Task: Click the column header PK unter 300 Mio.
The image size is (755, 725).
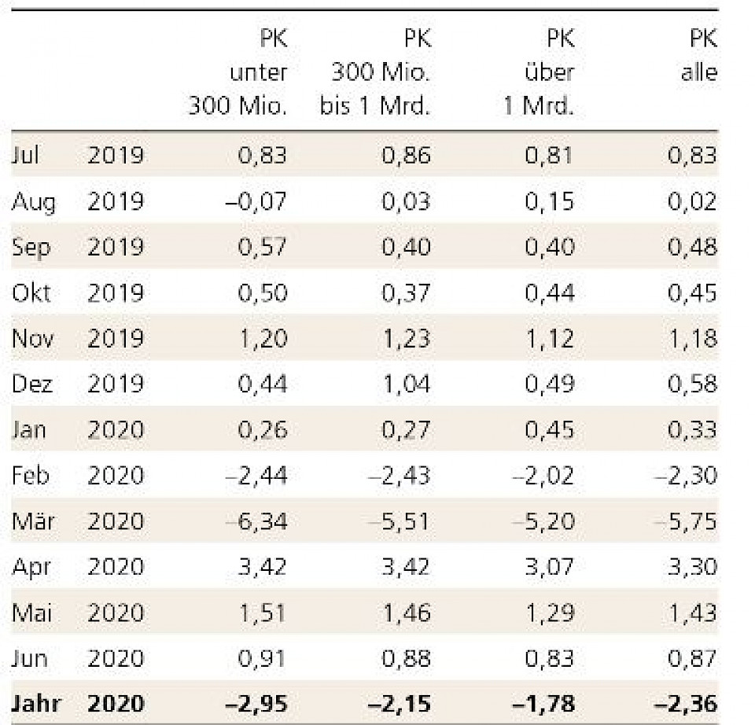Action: [238, 72]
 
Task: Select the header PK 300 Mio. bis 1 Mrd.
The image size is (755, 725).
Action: [375, 72]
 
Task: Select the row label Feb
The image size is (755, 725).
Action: [31, 476]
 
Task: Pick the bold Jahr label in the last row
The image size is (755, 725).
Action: [36, 703]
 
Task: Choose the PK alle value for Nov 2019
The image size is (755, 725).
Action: [692, 338]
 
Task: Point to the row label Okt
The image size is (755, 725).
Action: [31, 293]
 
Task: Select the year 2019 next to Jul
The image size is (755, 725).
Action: [115, 155]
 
